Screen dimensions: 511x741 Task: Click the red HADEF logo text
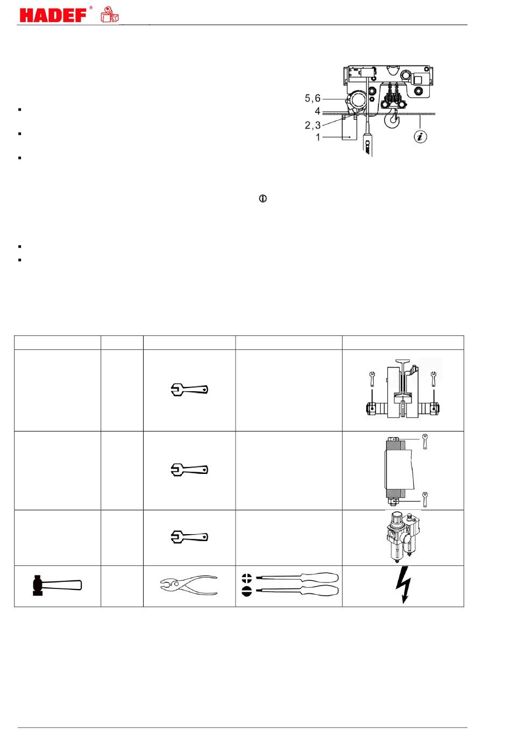53,15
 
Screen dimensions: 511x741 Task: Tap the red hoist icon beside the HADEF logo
110,15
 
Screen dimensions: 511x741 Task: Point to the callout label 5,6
313,98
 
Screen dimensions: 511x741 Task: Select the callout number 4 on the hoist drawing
317,111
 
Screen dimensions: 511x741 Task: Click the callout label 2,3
313,125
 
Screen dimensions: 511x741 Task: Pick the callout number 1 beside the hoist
318,137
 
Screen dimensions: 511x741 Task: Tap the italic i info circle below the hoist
420,136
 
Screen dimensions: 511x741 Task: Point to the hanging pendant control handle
367,144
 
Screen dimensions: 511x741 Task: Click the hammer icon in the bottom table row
57,585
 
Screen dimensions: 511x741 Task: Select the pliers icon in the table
189,586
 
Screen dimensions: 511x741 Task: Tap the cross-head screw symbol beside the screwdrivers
247,578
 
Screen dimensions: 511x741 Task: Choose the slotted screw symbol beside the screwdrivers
247,591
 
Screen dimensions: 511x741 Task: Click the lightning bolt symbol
404,585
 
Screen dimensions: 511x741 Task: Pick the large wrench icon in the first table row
189,390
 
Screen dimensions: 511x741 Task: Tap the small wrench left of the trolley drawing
372,379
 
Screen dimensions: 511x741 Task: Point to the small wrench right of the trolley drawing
433,379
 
